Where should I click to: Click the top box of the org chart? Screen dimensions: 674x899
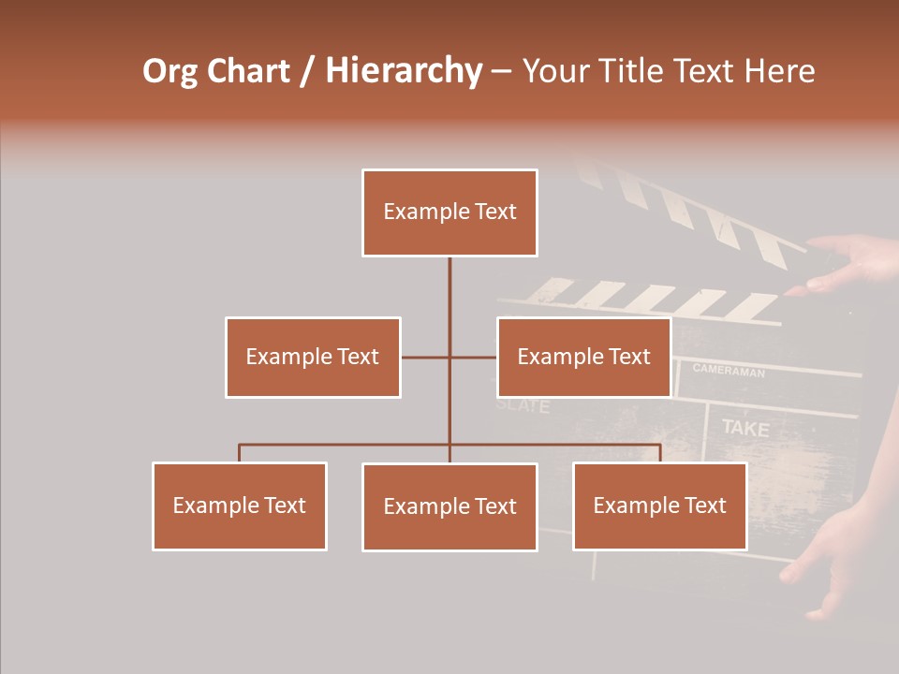click(x=449, y=212)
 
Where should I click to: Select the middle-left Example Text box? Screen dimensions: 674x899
click(x=313, y=357)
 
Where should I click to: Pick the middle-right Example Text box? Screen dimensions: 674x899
click(x=583, y=357)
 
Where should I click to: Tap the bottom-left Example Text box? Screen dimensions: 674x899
click(x=240, y=505)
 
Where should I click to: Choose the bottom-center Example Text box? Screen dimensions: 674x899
click(x=449, y=506)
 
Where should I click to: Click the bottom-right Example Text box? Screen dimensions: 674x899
click(x=659, y=505)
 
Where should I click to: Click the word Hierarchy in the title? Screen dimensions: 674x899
click(x=404, y=71)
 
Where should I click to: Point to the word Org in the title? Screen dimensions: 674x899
click(x=169, y=71)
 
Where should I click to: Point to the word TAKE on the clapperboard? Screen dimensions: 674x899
click(x=745, y=429)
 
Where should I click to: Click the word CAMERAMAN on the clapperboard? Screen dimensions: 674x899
click(x=729, y=371)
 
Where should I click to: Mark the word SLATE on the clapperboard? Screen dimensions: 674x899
click(x=523, y=406)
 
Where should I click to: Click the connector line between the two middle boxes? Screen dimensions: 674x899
click(x=449, y=357)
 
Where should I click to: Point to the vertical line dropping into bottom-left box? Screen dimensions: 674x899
click(x=240, y=453)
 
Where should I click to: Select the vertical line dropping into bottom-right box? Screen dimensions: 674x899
click(x=659, y=453)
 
